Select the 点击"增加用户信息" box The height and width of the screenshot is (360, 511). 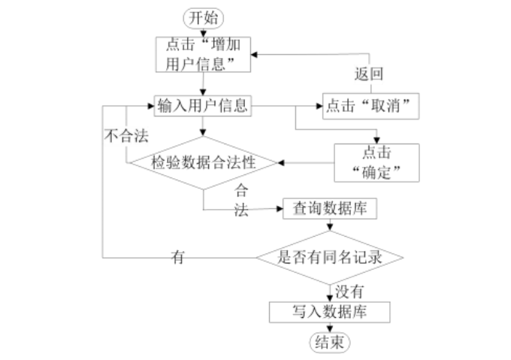pyautogui.click(x=204, y=55)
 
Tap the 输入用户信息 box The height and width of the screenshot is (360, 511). pyautogui.click(x=204, y=106)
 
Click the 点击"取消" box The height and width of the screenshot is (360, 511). pyautogui.click(x=370, y=107)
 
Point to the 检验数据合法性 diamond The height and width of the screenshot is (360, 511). pyautogui.click(x=203, y=162)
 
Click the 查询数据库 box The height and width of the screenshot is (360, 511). pyautogui.click(x=329, y=207)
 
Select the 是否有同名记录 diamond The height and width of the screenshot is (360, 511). pyautogui.click(x=331, y=256)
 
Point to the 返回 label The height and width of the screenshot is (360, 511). pyautogui.click(x=368, y=74)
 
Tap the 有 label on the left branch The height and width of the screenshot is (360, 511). pyautogui.click(x=178, y=257)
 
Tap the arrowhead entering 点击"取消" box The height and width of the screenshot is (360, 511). pyautogui.click(x=319, y=106)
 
